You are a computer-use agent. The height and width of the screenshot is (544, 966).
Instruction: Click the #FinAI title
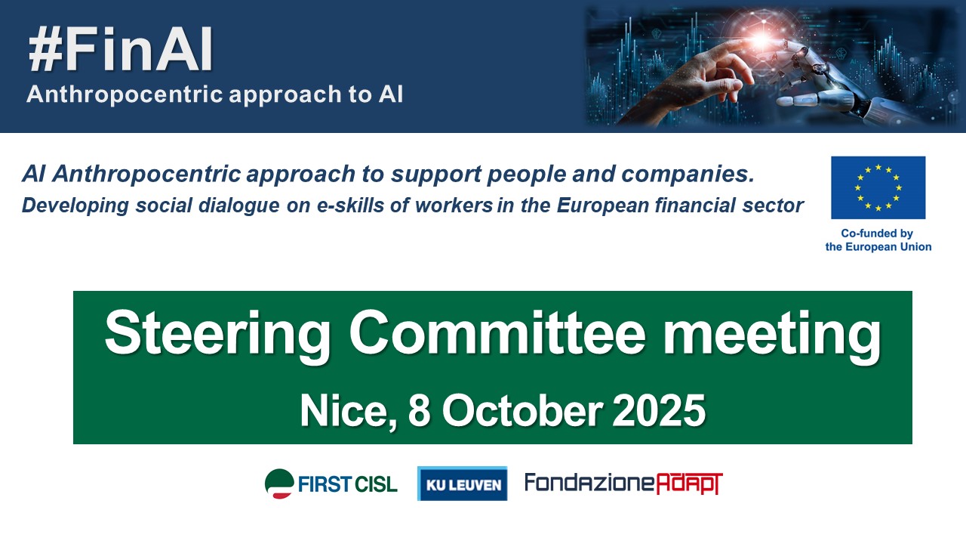click(x=120, y=49)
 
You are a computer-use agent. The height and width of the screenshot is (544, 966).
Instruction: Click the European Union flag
click(x=878, y=187)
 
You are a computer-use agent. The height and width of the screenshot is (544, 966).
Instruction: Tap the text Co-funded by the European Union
click(x=878, y=240)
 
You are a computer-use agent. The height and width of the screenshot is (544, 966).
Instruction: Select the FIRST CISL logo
click(x=331, y=484)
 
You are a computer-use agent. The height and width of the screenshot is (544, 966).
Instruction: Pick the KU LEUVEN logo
click(x=463, y=484)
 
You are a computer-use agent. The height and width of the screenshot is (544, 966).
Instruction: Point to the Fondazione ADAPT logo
click(x=623, y=484)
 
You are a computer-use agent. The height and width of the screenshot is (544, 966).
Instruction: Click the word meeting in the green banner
click(x=772, y=336)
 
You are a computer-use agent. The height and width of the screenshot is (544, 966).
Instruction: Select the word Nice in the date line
click(x=348, y=410)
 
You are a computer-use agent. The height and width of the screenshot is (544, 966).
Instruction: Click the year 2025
click(x=659, y=410)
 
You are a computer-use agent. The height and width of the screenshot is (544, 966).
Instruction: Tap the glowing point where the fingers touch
click(x=761, y=42)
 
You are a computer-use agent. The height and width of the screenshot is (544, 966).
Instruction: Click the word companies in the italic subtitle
click(x=688, y=175)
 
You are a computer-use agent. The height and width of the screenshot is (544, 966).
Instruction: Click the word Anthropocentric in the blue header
click(x=125, y=94)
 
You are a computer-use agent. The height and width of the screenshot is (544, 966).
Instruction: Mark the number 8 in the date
click(x=419, y=410)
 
